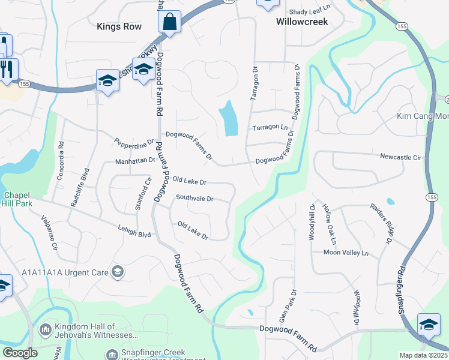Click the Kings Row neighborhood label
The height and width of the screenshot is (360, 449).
[119, 27]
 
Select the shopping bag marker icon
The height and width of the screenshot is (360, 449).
[170, 23]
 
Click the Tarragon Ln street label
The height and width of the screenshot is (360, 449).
[270, 128]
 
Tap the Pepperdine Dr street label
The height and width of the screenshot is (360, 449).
[134, 145]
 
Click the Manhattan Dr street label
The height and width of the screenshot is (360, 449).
[136, 161]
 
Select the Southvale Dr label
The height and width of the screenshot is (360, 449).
[195, 197]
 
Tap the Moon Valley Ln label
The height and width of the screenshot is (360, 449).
[345, 253]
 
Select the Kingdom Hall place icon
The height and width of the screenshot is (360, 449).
[46, 329]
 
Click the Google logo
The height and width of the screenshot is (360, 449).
[20, 353]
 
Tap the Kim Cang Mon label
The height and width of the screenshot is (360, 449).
[422, 116]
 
